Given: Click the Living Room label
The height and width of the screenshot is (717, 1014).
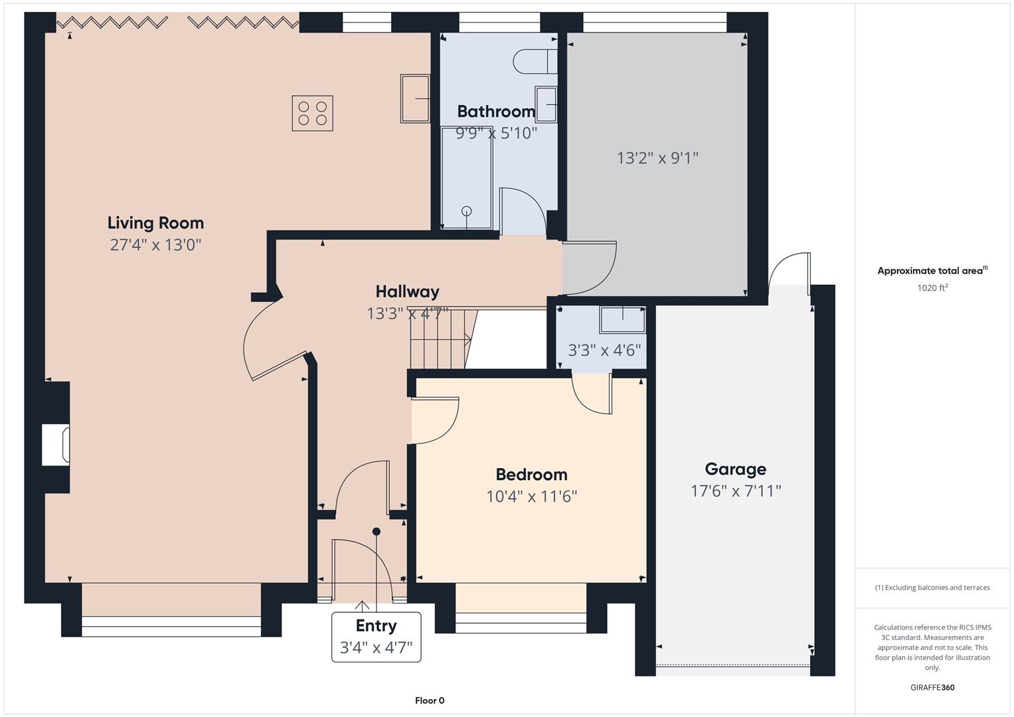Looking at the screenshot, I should point(155,223).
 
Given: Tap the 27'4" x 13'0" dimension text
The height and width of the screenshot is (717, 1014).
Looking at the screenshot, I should point(155,245).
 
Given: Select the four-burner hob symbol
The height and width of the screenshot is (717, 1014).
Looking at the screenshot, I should point(312,114).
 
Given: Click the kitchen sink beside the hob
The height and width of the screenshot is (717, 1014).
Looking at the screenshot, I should point(415,98).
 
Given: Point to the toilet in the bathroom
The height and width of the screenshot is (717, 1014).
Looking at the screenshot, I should point(535,62).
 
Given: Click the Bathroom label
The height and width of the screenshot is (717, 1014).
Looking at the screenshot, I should point(495,112).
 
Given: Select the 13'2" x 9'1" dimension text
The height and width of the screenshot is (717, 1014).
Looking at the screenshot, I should point(657,158).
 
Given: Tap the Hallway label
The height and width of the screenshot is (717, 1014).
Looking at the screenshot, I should point(407,291).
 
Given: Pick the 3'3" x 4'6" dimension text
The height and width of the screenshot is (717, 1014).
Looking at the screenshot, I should point(604,350).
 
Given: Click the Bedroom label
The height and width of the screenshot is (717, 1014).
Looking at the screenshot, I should point(531,475).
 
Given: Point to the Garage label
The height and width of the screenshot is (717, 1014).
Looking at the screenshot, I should point(735,469).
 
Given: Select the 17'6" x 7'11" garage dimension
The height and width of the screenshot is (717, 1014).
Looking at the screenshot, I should point(735,491).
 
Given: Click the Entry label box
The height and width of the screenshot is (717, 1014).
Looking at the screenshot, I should point(376,637).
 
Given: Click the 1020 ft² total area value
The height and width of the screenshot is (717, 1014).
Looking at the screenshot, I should point(932,288).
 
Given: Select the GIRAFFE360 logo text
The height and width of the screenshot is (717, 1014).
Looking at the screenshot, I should point(932,688).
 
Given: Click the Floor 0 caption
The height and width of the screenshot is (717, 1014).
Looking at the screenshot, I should point(429,700).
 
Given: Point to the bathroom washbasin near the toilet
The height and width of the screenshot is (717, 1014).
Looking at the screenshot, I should point(546,105).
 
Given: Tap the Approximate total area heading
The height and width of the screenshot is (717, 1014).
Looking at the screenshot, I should point(932,271).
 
